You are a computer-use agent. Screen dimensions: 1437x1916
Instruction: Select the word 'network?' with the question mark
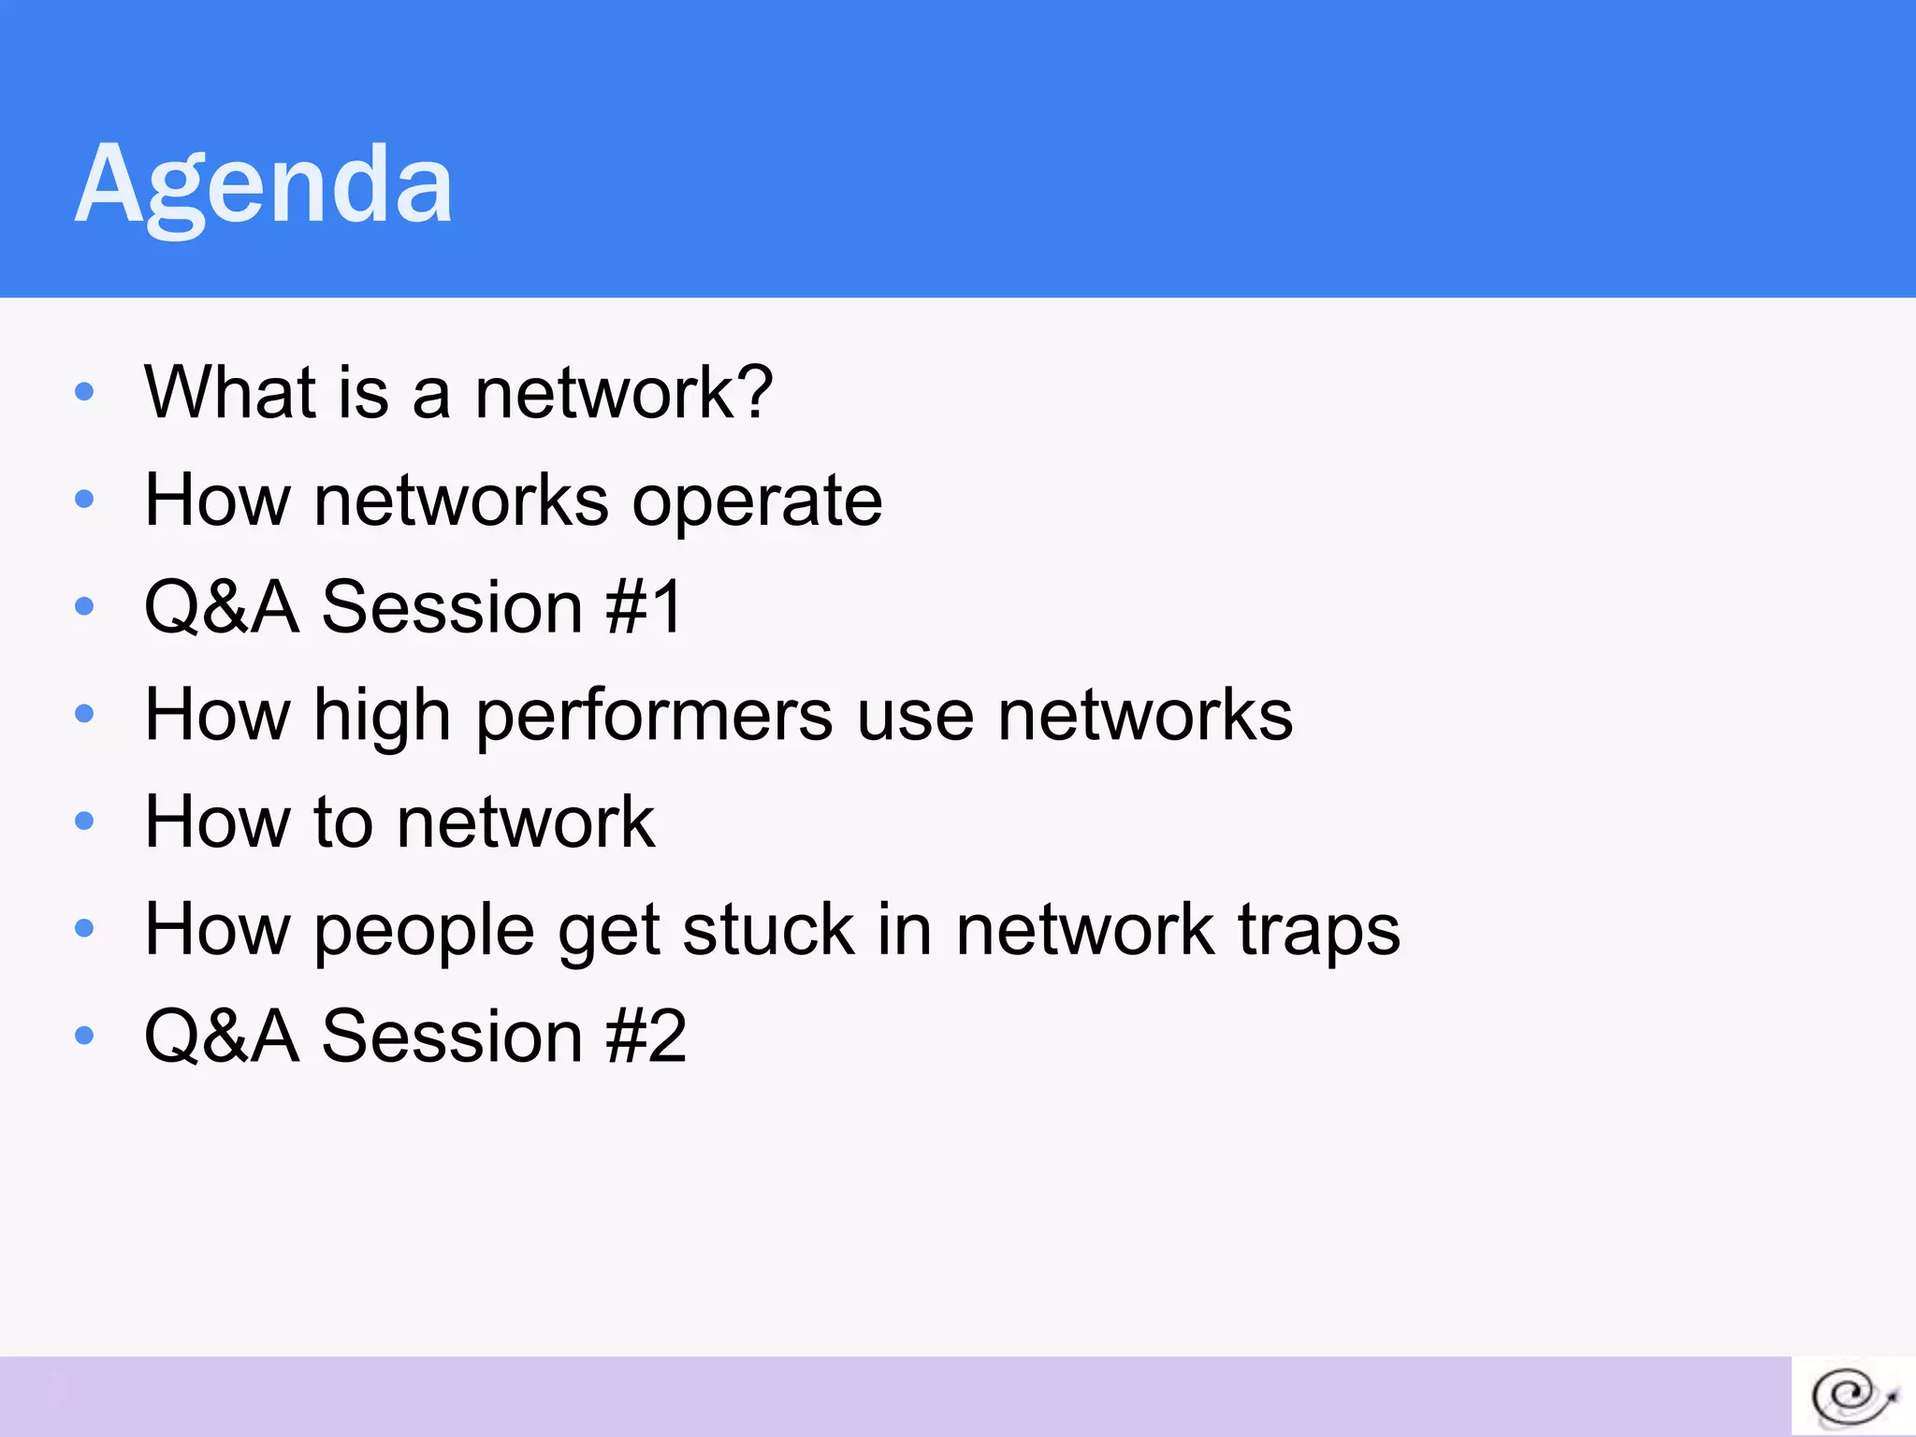tap(623, 392)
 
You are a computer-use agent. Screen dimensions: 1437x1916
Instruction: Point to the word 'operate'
tap(756, 501)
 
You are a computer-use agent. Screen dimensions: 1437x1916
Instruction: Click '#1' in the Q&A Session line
tap(645, 607)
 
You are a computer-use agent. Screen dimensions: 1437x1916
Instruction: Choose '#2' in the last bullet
tap(646, 1037)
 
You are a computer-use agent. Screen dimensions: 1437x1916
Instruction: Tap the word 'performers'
tap(654, 717)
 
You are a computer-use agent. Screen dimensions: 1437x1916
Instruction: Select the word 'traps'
tap(1318, 931)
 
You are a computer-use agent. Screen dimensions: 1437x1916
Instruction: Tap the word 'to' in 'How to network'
tap(343, 822)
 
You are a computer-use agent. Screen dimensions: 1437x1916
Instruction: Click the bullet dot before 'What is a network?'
tap(84, 391)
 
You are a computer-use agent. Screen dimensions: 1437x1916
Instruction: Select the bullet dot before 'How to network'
tap(84, 820)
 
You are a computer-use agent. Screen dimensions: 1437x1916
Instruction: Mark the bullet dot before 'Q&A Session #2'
tap(84, 1035)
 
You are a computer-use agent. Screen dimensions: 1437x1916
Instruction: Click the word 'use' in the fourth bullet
tap(915, 717)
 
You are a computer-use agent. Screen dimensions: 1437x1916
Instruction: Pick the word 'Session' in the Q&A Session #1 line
tap(452, 607)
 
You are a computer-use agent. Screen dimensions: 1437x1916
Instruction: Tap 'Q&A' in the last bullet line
tap(221, 1037)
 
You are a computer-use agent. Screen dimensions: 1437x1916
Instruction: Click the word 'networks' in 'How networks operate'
tap(461, 501)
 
